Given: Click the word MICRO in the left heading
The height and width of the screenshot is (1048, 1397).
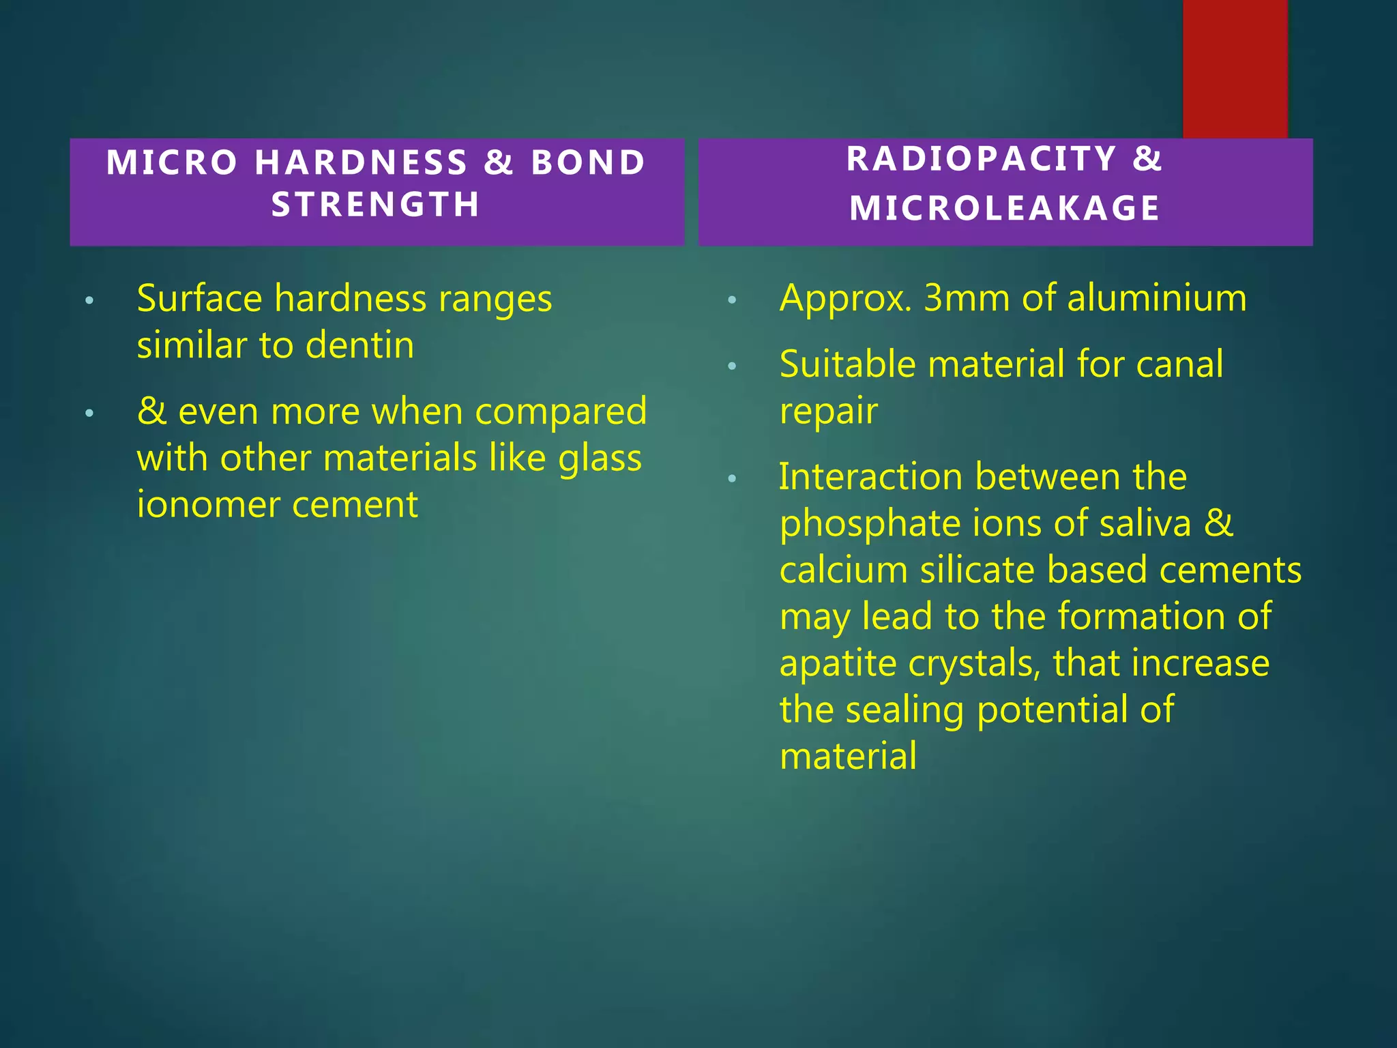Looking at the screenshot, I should (172, 163).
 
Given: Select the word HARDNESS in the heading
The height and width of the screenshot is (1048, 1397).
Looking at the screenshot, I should (362, 163).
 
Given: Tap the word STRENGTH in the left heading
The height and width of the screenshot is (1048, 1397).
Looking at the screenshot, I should (377, 205).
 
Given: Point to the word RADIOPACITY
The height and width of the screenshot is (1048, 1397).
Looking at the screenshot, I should (982, 160).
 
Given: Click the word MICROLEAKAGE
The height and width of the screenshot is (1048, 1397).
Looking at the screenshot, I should (1005, 208).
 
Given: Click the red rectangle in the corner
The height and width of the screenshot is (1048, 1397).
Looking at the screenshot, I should (1235, 68).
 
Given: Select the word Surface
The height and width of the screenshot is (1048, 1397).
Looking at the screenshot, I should (199, 299).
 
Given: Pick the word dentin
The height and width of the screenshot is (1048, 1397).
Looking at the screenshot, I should (359, 345).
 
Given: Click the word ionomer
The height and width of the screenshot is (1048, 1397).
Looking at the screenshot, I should (205, 505).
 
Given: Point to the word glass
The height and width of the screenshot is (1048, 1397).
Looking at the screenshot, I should (600, 458).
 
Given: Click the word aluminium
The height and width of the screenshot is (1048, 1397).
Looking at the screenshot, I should (1157, 298).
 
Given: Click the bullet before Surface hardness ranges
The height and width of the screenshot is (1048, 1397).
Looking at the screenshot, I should (89, 301).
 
